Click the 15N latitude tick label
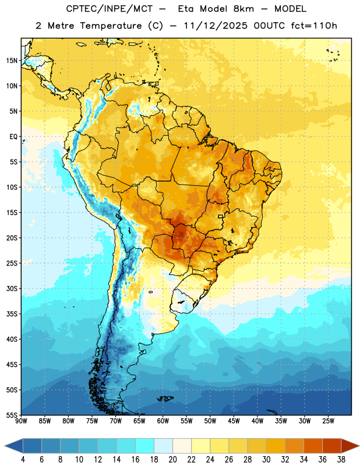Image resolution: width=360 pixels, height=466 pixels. tap(12, 61)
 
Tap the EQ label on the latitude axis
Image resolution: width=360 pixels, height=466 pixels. tap(13, 137)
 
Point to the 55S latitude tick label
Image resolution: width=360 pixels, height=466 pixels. tap(12, 415)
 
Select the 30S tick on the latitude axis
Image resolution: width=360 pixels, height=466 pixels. tap(12, 288)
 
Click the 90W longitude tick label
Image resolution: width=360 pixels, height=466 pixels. tap(21, 421)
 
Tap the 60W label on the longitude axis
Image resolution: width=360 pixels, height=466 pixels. tap(163, 421)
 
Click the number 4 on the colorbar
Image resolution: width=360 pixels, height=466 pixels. tap(23, 460)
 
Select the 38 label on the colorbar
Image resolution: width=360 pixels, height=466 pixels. tap(341, 460)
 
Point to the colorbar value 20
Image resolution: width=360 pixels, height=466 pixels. tap(172, 460)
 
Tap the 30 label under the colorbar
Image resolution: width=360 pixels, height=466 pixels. tap(266, 460)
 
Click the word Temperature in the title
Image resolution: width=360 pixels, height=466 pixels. tap(111, 26)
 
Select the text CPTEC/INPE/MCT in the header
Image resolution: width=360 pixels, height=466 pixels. tap(109, 9)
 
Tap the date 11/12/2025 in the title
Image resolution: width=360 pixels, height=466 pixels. tap(215, 26)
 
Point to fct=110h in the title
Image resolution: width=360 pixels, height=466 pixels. tap(314, 26)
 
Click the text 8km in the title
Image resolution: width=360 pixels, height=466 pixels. tap(243, 9)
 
